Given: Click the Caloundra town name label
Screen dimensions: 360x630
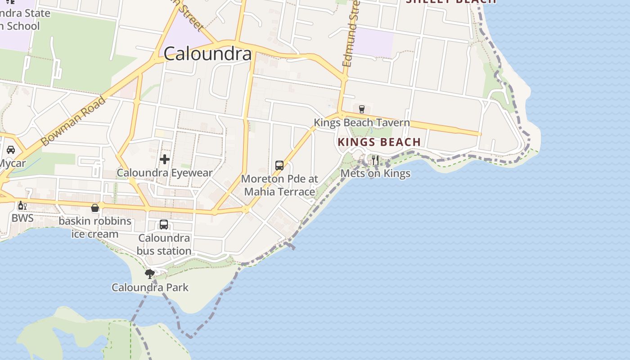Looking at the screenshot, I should coord(207,54).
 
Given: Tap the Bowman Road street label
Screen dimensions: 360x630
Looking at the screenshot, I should coord(73,121).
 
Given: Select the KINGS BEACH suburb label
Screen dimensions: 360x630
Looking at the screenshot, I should coord(379,142).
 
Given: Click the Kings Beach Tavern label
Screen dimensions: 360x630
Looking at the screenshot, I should coord(361,122).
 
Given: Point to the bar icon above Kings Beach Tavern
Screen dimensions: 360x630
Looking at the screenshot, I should coord(361,109).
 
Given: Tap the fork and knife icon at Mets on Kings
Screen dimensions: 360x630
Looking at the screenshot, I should coord(375,160).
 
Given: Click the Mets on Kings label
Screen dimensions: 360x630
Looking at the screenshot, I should coord(375,173).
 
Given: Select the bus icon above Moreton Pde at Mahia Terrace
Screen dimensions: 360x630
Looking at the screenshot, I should coord(279,165).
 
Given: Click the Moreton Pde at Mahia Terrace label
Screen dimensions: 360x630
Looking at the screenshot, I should coord(279,185).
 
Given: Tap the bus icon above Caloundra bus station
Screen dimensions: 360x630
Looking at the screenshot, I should coord(164,224).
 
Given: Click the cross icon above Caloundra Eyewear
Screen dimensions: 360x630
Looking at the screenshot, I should coord(165,159).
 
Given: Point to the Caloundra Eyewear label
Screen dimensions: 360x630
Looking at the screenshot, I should coord(165,172).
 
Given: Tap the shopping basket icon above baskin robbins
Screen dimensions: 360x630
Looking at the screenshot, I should coord(95,208).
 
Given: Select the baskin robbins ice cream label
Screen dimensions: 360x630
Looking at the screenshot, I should coord(95,227).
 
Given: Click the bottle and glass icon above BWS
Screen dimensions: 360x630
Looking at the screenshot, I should coord(22,206).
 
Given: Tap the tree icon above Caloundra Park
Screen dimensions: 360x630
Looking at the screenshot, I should coord(149,274).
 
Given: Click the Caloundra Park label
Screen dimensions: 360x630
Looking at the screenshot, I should coord(150,287).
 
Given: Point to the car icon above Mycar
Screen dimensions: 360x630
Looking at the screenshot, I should coord(11,150).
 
